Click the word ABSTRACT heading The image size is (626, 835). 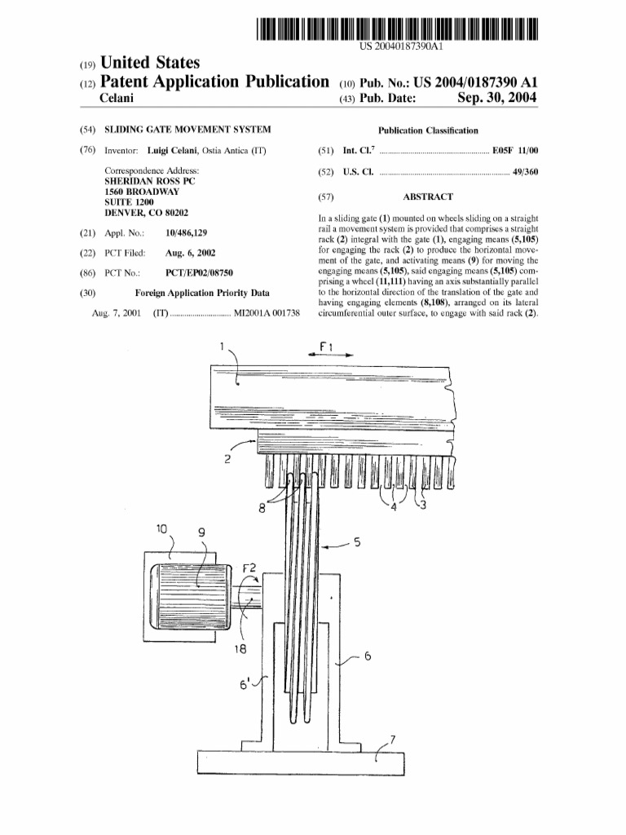coord(428,197)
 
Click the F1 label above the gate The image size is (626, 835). coord(325,346)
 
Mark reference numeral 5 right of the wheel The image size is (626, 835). coord(356,541)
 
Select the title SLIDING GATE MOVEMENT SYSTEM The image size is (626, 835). coord(187,130)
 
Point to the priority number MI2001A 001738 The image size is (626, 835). coord(267,314)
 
